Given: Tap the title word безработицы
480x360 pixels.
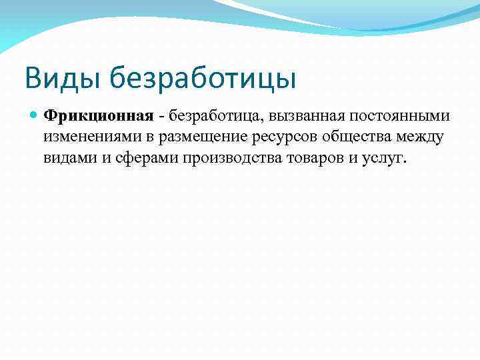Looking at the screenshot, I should [203, 79].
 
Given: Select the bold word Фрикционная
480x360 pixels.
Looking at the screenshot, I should [99, 116].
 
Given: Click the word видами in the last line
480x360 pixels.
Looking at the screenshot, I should [69, 159].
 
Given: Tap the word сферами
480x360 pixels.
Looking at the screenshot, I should [135, 159].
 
